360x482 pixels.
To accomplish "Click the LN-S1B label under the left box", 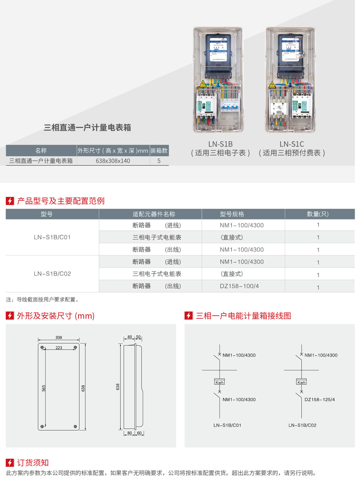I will click(x=221, y=144).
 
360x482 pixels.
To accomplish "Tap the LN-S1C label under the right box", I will click(x=292, y=144).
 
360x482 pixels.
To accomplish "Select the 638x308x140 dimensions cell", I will click(x=113, y=161).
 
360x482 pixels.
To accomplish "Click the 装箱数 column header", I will click(x=159, y=151).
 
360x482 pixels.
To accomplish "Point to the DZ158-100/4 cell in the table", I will click(x=241, y=286).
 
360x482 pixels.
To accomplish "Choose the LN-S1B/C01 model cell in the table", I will click(x=52, y=237).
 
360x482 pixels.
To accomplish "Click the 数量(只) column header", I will click(x=318, y=214).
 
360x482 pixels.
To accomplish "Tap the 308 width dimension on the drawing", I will click(x=59, y=338).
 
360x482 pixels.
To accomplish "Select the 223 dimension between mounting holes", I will click(x=59, y=348).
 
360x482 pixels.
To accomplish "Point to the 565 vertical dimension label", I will click(x=44, y=388).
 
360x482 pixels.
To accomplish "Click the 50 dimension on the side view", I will click(x=138, y=337).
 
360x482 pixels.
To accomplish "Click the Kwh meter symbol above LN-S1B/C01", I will click(x=219, y=382).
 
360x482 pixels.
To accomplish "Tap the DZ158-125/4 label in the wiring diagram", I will click(x=320, y=399).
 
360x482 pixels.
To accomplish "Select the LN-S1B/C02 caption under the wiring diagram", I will click(x=302, y=425).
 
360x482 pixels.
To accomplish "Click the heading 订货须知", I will click(x=33, y=463).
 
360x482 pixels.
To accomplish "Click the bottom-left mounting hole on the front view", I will click(x=42, y=427).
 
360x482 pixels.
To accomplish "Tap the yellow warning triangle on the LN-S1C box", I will click(x=272, y=85).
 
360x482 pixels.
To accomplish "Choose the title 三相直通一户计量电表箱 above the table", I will click(x=87, y=128).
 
